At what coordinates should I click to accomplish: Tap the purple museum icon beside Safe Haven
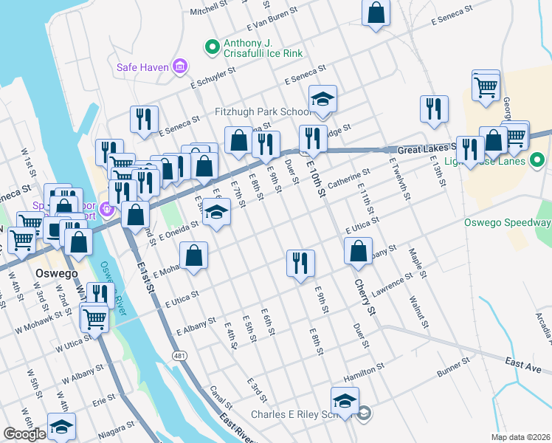pyautogui.click(x=179, y=68)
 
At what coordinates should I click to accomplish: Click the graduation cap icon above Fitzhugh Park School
pyautogui.click(x=322, y=100)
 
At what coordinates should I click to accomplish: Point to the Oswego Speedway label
pyautogui.click(x=508, y=223)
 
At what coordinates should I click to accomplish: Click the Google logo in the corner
pyautogui.click(x=24, y=434)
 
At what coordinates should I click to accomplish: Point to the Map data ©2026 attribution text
pyautogui.click(x=520, y=437)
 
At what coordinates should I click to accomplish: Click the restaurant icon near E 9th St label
pyautogui.click(x=300, y=264)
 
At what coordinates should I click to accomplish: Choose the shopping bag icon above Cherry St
pyautogui.click(x=358, y=250)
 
